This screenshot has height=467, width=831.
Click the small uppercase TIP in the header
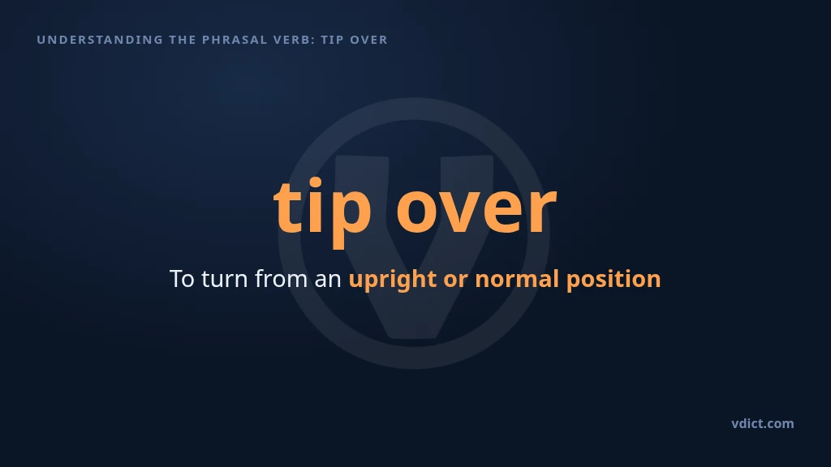[332, 40]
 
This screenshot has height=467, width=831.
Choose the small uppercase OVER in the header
[369, 40]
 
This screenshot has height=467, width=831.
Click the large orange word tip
[322, 212]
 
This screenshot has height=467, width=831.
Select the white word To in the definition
[182, 279]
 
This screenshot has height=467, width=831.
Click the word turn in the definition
[225, 279]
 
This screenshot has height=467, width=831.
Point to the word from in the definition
[281, 279]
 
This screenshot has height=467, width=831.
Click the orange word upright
[393, 280]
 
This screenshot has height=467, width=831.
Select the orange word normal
[517, 279]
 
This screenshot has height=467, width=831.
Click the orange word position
[614, 280]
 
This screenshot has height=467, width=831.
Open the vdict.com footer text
[763, 423]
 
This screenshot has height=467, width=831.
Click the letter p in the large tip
[351, 217]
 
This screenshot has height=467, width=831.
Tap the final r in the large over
[543, 210]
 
